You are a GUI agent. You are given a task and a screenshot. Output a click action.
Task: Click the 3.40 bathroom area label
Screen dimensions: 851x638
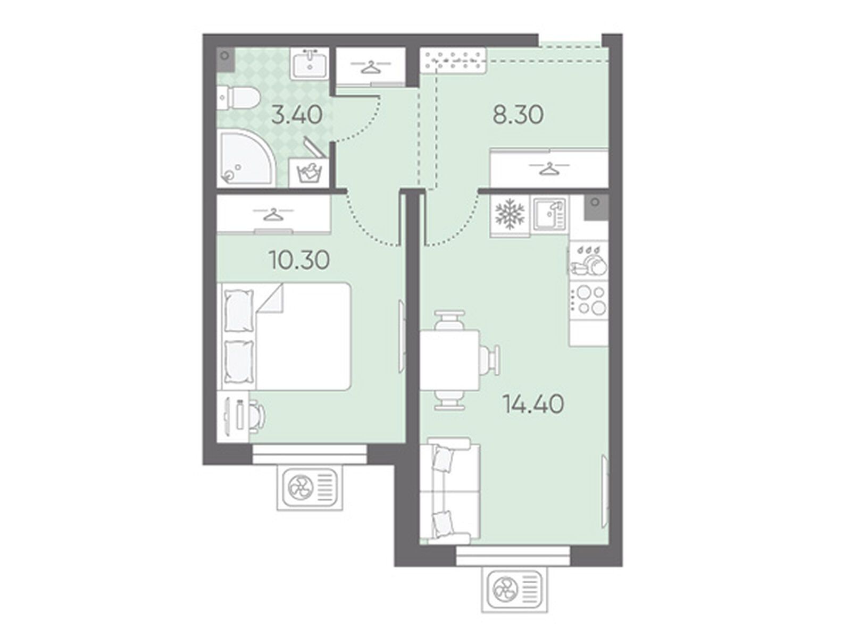297,115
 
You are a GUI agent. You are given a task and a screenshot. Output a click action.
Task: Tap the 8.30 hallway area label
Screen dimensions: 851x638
518,115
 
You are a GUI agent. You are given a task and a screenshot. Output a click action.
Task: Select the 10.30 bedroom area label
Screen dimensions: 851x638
299,261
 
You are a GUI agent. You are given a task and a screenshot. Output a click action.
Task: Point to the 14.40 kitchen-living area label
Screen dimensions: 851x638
533,405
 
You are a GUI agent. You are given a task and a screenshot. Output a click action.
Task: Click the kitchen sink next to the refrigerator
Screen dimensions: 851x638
549,214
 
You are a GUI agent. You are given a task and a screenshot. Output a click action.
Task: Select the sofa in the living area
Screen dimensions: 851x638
450,491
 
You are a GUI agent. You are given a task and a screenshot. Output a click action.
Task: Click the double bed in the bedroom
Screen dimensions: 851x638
286,336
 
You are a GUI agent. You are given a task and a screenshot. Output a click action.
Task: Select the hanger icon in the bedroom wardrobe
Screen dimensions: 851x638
274,214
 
